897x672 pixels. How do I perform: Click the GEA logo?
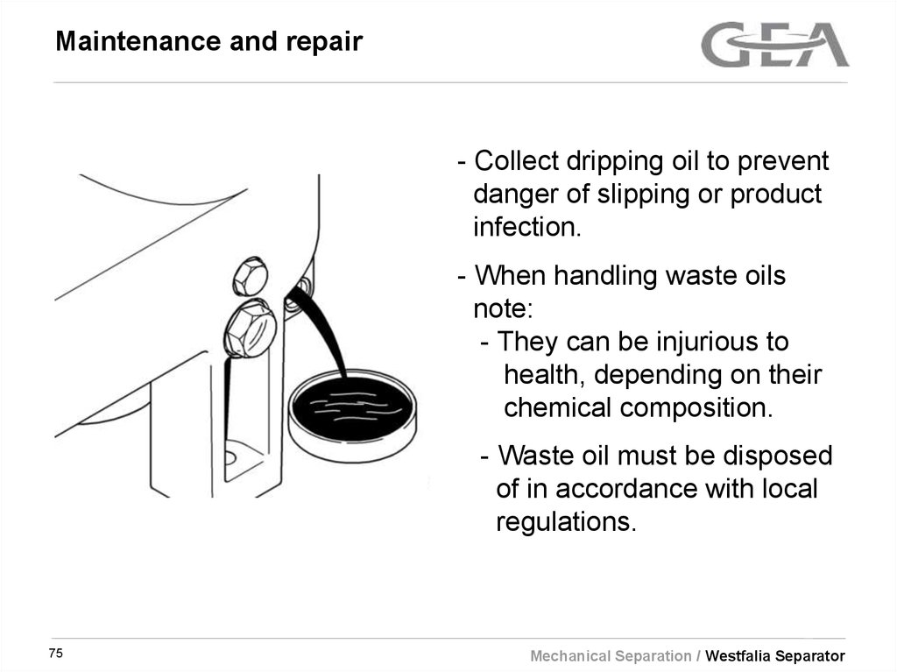click(774, 45)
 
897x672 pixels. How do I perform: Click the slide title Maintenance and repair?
click(208, 42)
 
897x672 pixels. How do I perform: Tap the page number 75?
click(57, 654)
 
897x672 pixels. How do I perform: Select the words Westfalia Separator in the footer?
click(775, 656)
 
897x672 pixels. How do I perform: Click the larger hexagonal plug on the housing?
click(250, 329)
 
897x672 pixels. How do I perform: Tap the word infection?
click(526, 227)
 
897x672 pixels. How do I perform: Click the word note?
click(500, 308)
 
